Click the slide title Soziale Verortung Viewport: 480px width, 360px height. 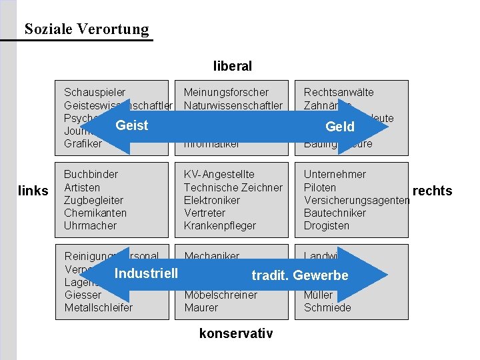click(87, 29)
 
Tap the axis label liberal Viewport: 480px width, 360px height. click(233, 66)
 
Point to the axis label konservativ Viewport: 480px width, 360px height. click(236, 333)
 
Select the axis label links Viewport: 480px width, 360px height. click(33, 191)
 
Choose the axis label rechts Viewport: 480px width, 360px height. click(433, 191)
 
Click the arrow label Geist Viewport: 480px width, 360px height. click(132, 125)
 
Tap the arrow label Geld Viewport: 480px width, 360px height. click(340, 127)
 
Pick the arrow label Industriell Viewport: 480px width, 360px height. click(146, 273)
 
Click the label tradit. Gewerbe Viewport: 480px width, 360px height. click(300, 275)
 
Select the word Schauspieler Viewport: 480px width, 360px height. click(95, 92)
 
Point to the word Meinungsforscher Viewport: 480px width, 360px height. click(226, 92)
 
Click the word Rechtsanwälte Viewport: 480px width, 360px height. click(339, 92)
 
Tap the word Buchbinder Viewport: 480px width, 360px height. click(91, 174)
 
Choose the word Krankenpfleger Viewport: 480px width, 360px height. click(220, 225)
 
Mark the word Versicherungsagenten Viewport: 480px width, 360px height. click(357, 200)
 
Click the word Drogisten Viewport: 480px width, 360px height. click(327, 225)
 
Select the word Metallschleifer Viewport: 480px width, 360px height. click(99, 307)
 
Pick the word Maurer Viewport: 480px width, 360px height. click(201, 307)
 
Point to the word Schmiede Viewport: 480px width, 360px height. click(327, 307)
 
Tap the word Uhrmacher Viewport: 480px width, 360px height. click(91, 225)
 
